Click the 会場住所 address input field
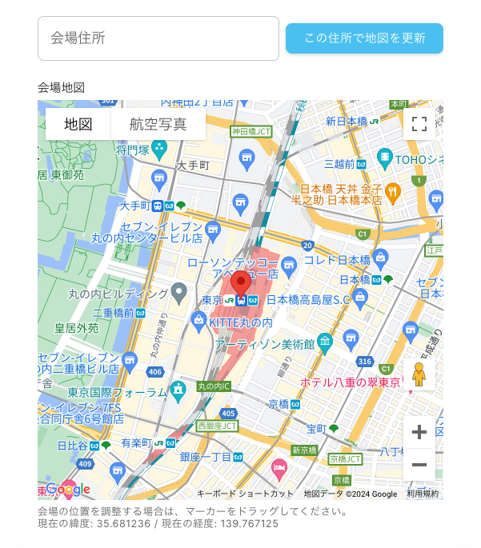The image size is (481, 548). coord(158,38)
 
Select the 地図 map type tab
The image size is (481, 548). coord(78,124)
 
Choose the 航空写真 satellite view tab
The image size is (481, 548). coord(158,124)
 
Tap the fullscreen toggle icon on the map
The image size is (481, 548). coord(419,123)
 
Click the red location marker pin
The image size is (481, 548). coord(241,285)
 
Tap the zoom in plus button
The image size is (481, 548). coord(419,433)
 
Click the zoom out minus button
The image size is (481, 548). coord(419,465)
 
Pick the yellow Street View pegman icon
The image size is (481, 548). coord(419,374)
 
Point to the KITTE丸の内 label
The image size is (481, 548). coord(240,322)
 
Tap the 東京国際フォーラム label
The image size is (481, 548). coord(117,392)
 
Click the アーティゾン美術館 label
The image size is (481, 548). coord(264,344)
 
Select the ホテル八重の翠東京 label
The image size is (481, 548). coord(350,382)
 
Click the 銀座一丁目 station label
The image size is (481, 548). coord(206,457)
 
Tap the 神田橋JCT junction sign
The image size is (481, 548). coord(251,131)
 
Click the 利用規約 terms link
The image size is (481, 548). coord(423,494)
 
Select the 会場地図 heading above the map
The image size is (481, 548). coord(61,87)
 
